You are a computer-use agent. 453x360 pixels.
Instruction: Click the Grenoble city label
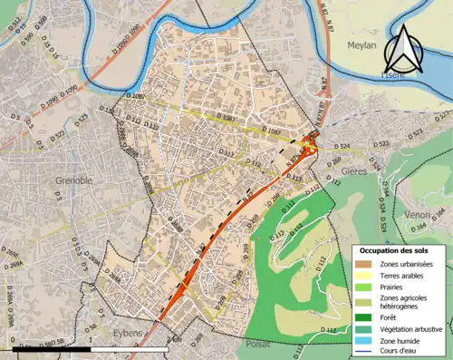coord(74,180)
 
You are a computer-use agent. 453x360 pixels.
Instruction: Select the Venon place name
coord(418,215)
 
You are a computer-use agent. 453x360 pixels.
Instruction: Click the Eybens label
coord(127,333)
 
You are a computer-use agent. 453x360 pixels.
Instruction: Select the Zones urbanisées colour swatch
coord(362,264)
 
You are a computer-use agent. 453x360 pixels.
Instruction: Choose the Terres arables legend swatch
coord(362,275)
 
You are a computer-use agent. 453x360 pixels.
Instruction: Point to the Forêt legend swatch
coord(362,317)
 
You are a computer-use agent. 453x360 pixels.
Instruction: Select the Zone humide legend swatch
coord(362,339)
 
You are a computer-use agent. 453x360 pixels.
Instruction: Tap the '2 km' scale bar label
coord(176,341)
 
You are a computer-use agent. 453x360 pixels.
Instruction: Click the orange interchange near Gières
coord(310,142)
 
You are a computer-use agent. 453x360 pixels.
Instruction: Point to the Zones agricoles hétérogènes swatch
coord(362,302)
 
